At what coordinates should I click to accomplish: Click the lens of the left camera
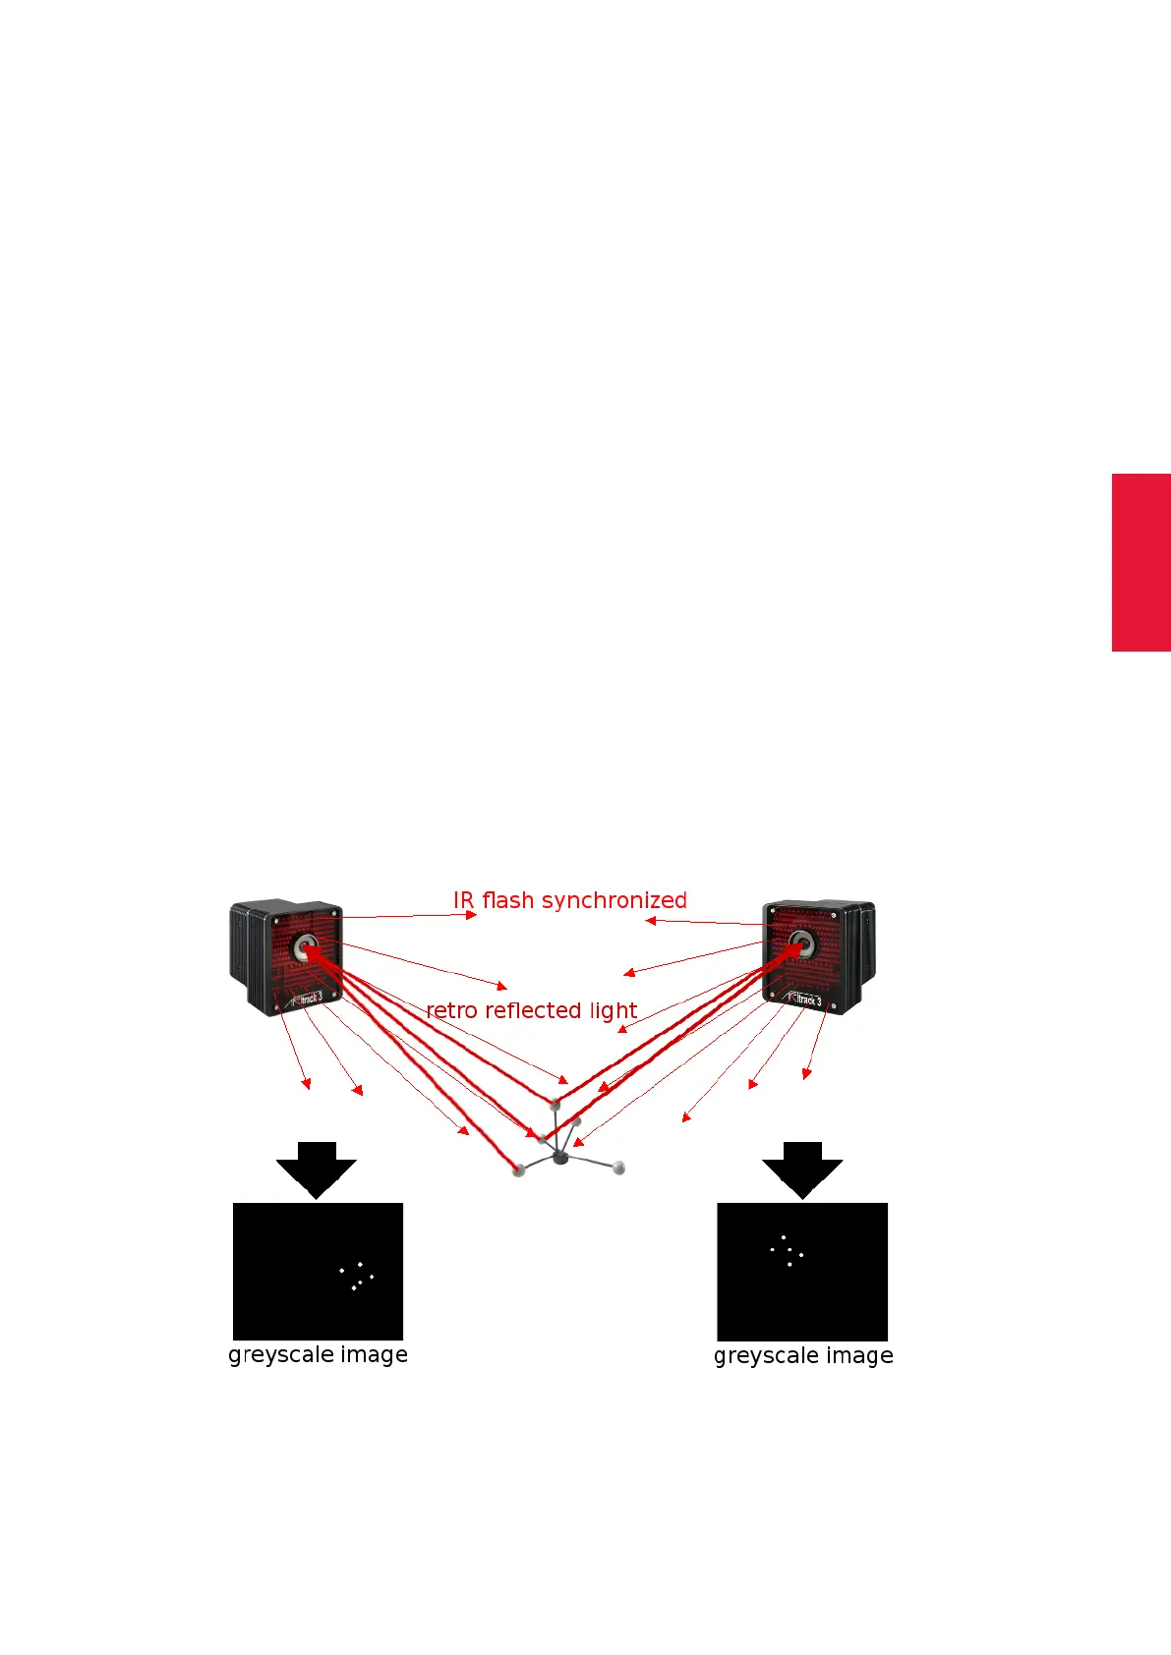tap(305, 948)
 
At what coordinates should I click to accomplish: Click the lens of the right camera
tap(801, 945)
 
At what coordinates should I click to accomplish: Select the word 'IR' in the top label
tap(463, 900)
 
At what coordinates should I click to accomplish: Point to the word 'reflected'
tap(533, 1010)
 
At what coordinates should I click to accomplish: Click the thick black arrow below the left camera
tap(316, 1170)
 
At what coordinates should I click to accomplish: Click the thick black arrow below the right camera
tap(802, 1170)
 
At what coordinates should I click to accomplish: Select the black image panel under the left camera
tap(318, 1271)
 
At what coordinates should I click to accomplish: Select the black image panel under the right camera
tap(802, 1271)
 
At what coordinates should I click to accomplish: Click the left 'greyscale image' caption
tap(318, 1354)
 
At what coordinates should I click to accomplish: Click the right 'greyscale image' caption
tap(803, 1355)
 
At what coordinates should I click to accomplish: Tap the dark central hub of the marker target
tap(560, 1158)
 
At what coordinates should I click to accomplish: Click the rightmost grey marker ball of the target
tap(618, 1168)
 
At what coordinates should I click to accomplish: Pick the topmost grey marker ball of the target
tap(555, 1105)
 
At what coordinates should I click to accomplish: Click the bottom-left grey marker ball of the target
tap(519, 1170)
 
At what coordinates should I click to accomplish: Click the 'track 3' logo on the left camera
tap(307, 998)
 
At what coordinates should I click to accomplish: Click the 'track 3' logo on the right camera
tap(806, 999)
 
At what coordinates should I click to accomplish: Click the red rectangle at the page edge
tap(1141, 562)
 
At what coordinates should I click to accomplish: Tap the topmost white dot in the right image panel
tap(783, 1237)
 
